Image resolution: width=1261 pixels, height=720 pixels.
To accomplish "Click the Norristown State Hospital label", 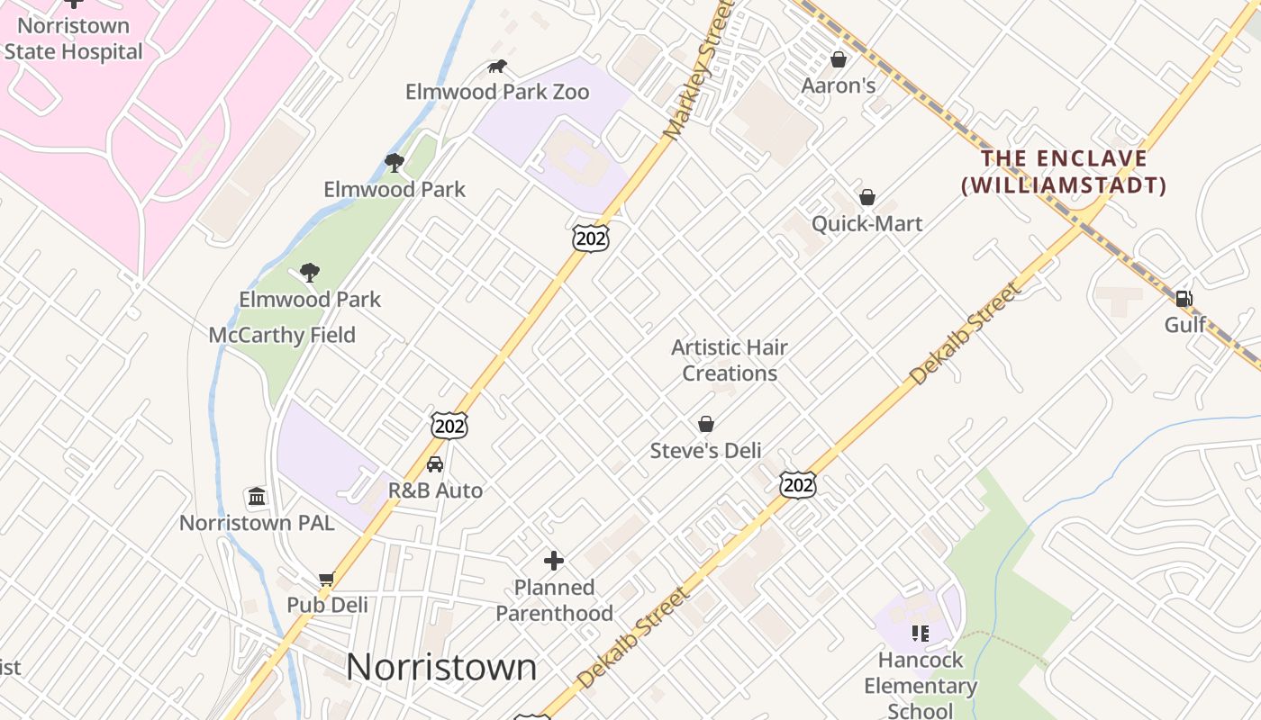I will pos(73,39).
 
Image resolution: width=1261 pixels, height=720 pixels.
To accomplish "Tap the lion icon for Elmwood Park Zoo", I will pos(497,66).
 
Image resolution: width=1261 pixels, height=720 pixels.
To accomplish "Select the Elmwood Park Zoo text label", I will pos(497,92).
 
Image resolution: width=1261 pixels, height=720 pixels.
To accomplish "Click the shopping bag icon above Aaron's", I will pos(839,59).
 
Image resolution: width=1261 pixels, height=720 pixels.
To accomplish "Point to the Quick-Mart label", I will pos(867,223).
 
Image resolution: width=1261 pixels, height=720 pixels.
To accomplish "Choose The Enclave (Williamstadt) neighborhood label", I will pos(1064,172).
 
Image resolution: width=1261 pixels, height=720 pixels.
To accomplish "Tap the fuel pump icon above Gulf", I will pos(1184,299).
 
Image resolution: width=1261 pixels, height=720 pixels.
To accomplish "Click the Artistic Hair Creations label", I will pos(730,360).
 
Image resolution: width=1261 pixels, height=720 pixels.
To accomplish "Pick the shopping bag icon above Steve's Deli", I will pos(706,424).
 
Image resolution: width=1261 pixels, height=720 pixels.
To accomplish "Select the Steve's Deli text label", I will pos(706,451).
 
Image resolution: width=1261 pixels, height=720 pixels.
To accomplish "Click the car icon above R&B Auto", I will pos(435,464).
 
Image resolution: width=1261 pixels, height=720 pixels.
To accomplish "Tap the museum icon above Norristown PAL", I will pos(257,497).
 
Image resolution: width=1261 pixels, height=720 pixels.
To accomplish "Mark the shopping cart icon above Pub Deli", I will pos(326,579).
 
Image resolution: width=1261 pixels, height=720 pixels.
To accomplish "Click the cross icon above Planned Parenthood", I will pos(554,561).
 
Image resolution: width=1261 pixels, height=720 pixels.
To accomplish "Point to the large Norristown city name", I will pos(441,667).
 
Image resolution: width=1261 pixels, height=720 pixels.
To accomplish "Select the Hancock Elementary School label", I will pos(920,685).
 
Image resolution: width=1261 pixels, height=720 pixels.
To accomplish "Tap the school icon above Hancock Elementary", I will pos(920,634).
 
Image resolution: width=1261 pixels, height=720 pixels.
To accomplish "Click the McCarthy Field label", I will pos(282,335).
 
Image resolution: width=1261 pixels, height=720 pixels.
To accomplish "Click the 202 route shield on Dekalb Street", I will pos(798,485).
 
